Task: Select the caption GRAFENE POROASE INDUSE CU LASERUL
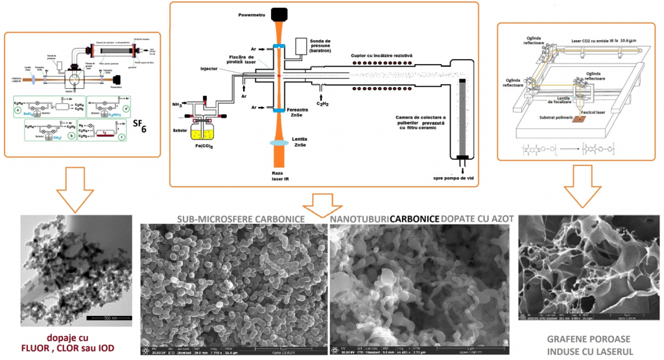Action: click(x=582, y=342)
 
